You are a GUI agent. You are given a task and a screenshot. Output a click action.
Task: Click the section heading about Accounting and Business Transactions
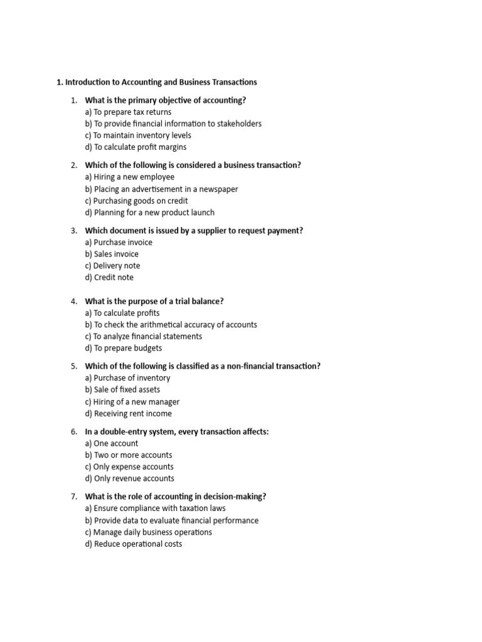coord(156,82)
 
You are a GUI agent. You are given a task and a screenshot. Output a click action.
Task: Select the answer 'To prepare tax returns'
coord(128,112)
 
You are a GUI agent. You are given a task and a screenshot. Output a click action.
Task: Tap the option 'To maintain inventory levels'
coord(138,135)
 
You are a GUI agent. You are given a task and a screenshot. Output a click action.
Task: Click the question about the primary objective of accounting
coord(165,100)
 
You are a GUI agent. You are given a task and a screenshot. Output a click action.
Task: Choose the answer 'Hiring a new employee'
coord(129,177)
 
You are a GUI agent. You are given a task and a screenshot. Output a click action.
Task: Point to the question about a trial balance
coord(154,301)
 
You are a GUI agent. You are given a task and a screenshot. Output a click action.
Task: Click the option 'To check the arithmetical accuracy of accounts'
coord(171,325)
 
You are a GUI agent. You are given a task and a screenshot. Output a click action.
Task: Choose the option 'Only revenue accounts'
coord(129,478)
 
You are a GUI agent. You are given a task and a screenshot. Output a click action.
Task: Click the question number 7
coord(73,497)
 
